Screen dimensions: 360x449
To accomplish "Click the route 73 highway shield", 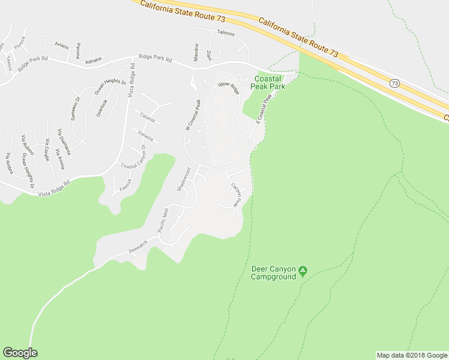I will (x=394, y=83).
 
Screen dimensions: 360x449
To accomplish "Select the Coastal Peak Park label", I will (x=269, y=83).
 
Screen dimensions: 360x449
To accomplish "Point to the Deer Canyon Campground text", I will (x=273, y=273).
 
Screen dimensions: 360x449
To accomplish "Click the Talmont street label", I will (x=226, y=34).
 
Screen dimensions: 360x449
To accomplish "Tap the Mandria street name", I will (x=196, y=52).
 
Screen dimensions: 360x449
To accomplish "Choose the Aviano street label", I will (x=61, y=46).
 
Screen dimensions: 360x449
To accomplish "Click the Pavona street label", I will (x=78, y=51).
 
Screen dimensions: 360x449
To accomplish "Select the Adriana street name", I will (x=93, y=61).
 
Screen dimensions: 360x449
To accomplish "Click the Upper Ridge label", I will (x=228, y=89).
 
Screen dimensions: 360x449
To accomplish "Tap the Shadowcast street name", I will (x=184, y=179).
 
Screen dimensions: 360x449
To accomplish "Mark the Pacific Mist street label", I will (x=162, y=220).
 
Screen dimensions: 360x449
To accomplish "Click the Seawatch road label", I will (x=138, y=247).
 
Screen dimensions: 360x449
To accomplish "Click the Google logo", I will (x=20, y=353).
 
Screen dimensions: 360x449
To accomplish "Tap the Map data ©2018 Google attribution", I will (x=412, y=355).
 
